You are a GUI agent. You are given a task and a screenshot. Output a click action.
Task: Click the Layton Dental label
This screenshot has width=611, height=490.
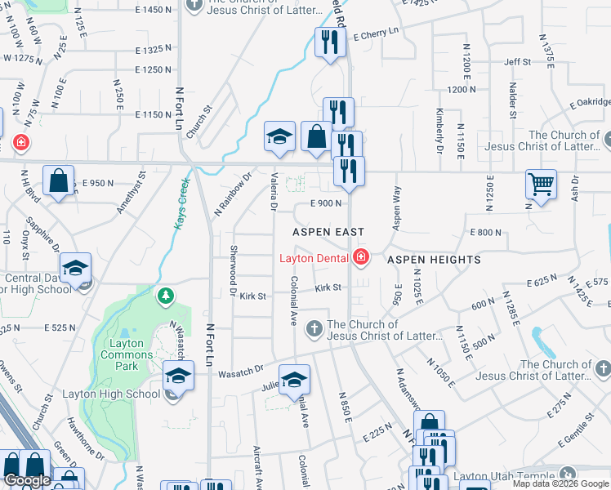[315, 259]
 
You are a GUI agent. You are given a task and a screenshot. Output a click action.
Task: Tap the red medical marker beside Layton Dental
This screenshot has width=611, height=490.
[360, 259]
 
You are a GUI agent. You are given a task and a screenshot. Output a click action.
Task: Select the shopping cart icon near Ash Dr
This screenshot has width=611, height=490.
[541, 185]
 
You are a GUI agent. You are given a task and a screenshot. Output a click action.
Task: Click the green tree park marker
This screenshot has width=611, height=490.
[167, 296]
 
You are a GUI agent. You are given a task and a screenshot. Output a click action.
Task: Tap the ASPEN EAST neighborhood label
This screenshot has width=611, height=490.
[328, 232]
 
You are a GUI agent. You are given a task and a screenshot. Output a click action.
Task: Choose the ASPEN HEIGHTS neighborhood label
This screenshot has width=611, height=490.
[433, 260]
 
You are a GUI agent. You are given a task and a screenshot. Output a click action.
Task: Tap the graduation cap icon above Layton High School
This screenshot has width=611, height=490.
[177, 376]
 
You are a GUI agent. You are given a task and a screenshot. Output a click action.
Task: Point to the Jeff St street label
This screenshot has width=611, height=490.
[517, 62]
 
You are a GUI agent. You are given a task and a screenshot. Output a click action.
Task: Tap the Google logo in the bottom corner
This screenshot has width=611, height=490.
[28, 480]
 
